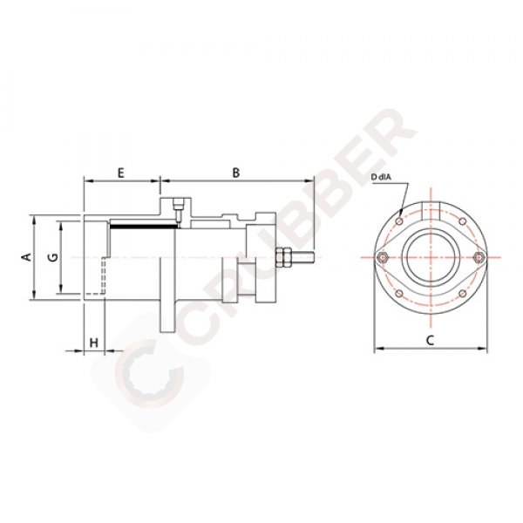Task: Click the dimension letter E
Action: point(121,173)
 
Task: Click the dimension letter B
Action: point(235,173)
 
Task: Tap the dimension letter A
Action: point(27,256)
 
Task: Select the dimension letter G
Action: point(53,257)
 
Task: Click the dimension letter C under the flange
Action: point(430,341)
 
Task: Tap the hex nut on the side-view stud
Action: point(282,257)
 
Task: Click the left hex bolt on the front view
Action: point(384,256)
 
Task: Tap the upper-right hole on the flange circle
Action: point(460,221)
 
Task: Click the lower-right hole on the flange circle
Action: point(460,293)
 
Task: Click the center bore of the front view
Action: point(430,256)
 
